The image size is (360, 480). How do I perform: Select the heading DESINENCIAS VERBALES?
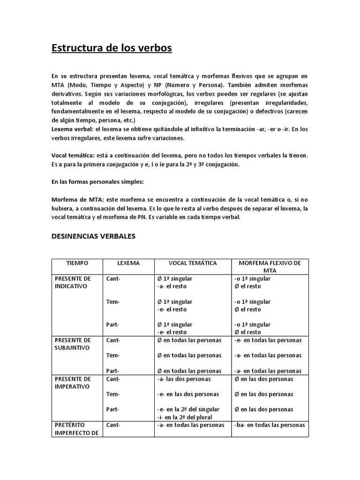click(93, 236)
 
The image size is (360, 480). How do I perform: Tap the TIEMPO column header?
click(77, 263)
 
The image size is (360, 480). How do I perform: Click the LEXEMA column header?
click(128, 263)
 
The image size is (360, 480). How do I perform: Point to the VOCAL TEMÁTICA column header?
click(193, 263)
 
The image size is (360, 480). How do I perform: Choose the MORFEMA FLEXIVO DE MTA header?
click(270, 267)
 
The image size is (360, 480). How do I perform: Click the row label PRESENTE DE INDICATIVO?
click(73, 282)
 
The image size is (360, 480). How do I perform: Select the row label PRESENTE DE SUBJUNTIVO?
click(73, 344)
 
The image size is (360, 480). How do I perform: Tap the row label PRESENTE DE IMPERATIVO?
click(73, 382)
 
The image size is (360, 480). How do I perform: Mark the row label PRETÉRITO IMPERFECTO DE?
click(76, 429)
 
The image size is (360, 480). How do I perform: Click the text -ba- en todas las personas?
click(270, 425)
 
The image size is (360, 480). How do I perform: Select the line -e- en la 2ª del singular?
click(188, 409)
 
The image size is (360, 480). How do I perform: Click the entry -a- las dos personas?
click(184, 379)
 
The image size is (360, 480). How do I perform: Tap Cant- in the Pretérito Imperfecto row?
click(113, 425)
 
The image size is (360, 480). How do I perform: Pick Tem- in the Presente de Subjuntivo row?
click(113, 355)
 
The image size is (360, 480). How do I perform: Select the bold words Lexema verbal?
click(72, 129)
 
